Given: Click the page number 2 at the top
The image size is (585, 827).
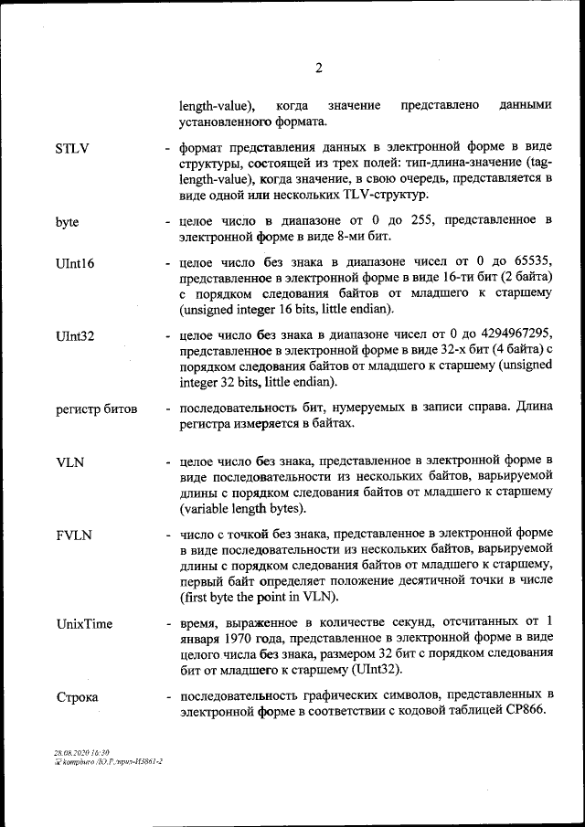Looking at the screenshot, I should (318, 68).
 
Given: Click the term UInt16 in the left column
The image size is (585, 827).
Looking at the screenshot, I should (75, 263).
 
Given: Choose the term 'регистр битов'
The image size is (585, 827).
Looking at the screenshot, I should (96, 408).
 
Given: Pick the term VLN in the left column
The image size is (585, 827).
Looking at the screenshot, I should (69, 462).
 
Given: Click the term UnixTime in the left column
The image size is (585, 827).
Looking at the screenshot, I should (84, 624).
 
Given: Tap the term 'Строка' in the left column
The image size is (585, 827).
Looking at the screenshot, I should (77, 697).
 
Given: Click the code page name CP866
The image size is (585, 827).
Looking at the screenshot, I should (524, 713).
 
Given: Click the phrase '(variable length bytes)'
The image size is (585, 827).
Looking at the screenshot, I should (243, 509).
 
